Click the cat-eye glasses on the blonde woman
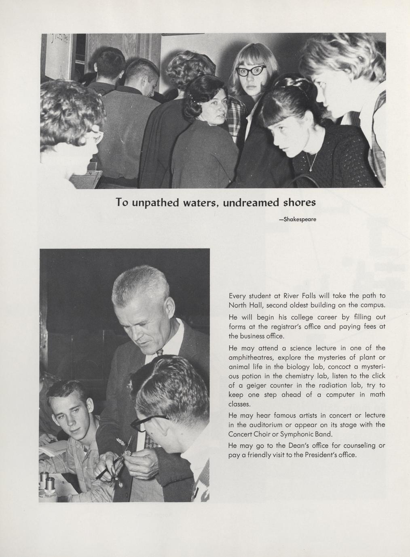pos(251,71)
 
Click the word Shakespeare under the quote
pos(300,219)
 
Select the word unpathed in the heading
pos(156,202)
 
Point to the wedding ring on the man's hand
pos(136,473)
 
